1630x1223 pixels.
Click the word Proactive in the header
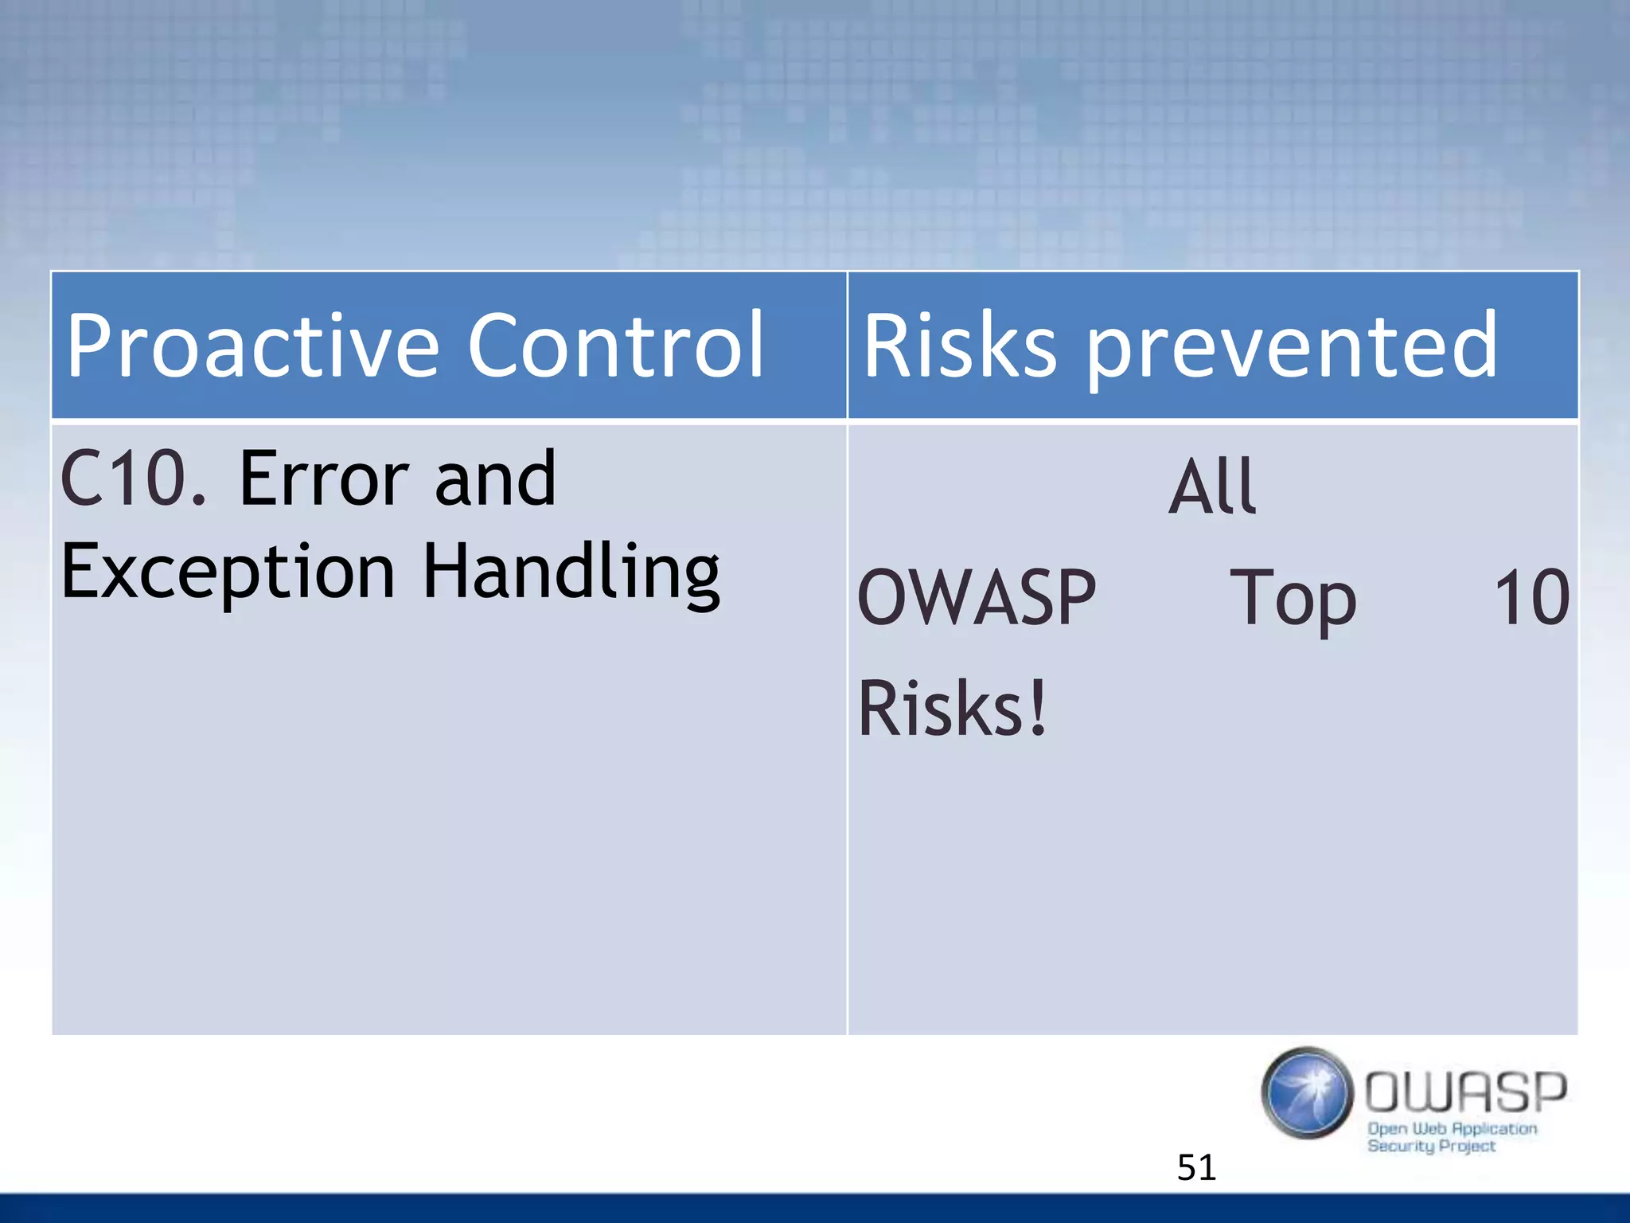252,345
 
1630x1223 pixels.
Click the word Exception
228,572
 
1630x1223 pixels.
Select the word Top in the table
1293,599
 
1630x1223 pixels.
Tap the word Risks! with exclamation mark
952,707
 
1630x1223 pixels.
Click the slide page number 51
1196,1167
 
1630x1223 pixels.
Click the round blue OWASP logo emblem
1307,1092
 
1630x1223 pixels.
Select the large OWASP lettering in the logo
1466,1091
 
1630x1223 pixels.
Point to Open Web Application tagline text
1452,1128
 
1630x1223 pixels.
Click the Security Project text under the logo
1431,1146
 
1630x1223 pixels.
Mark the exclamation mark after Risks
1037,707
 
